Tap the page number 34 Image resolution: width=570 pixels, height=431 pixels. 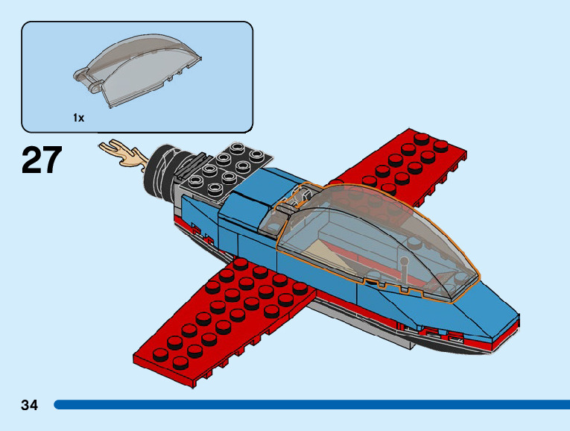coord(30,405)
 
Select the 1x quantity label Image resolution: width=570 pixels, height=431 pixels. coord(78,118)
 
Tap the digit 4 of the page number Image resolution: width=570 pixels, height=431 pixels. coord(34,405)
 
